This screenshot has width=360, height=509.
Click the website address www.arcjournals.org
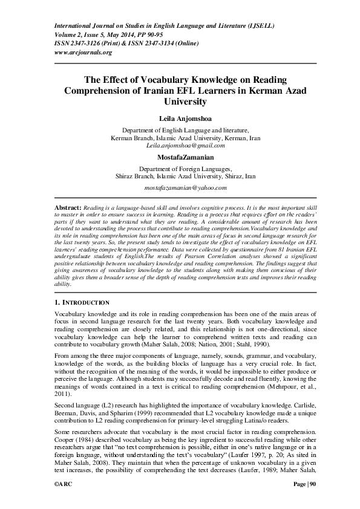(83, 53)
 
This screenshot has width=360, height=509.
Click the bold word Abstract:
(68, 207)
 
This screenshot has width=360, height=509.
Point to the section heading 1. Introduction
(82, 302)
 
